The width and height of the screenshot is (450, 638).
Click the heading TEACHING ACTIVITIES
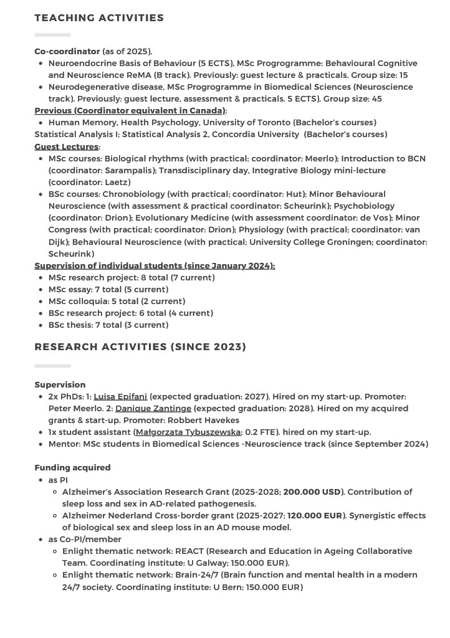click(99, 17)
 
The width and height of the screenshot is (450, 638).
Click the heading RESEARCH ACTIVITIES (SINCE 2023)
click(140, 346)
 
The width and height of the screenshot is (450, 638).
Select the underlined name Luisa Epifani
click(120, 396)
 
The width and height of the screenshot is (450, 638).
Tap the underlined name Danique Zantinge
click(153, 408)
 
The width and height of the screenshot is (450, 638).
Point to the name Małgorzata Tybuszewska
click(188, 432)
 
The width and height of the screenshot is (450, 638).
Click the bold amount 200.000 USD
click(312, 492)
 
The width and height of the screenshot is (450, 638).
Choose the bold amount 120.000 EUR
click(315, 515)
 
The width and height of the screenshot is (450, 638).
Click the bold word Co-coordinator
click(67, 51)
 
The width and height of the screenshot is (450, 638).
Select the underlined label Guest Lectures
click(66, 146)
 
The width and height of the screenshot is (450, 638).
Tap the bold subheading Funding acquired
click(72, 467)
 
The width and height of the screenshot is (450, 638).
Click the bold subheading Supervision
click(60, 384)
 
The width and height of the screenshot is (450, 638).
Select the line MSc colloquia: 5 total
click(117, 301)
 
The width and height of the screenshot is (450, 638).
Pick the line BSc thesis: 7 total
click(108, 325)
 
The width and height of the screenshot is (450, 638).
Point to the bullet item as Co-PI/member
click(85, 539)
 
